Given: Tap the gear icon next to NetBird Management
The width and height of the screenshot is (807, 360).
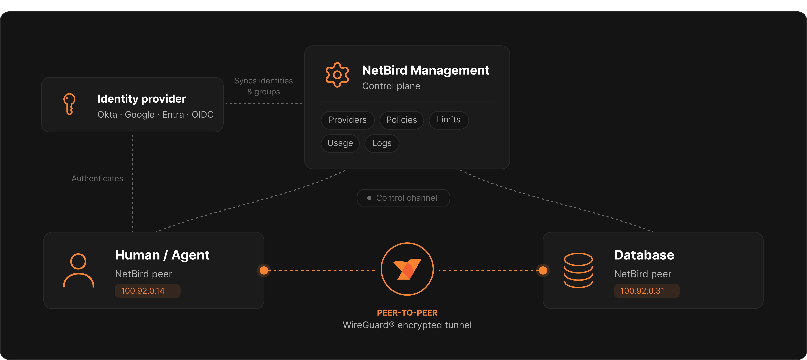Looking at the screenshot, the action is click(x=337, y=75).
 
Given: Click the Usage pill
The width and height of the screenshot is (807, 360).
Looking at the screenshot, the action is click(x=340, y=143).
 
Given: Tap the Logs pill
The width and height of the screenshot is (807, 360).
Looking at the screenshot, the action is click(x=382, y=143).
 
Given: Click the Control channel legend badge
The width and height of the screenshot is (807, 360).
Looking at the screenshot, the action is click(x=403, y=198).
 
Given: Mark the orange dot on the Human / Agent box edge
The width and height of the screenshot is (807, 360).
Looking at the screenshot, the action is click(x=264, y=270).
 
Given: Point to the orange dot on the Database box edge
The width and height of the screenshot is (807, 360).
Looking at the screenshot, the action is click(x=543, y=270).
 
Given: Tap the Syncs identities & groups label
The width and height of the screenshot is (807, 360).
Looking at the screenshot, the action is click(x=263, y=86).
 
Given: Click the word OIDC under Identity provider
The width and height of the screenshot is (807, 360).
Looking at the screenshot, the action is click(x=202, y=115).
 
